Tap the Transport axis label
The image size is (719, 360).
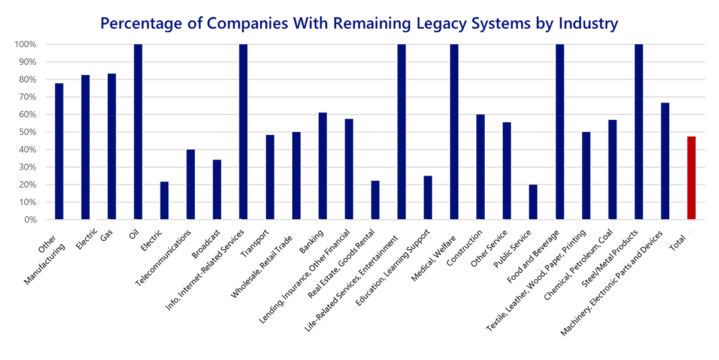pyautogui.click(x=255, y=241)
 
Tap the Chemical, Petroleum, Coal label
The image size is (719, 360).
pyautogui.click(x=579, y=264)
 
